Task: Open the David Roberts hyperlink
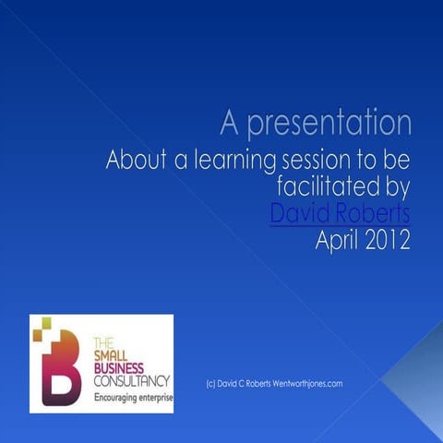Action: tap(340, 215)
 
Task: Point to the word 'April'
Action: tap(337, 243)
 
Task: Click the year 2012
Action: tap(389, 243)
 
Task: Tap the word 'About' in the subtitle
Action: tap(136, 160)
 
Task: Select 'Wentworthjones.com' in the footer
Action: tap(308, 383)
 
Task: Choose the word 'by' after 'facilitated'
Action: tap(397, 188)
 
